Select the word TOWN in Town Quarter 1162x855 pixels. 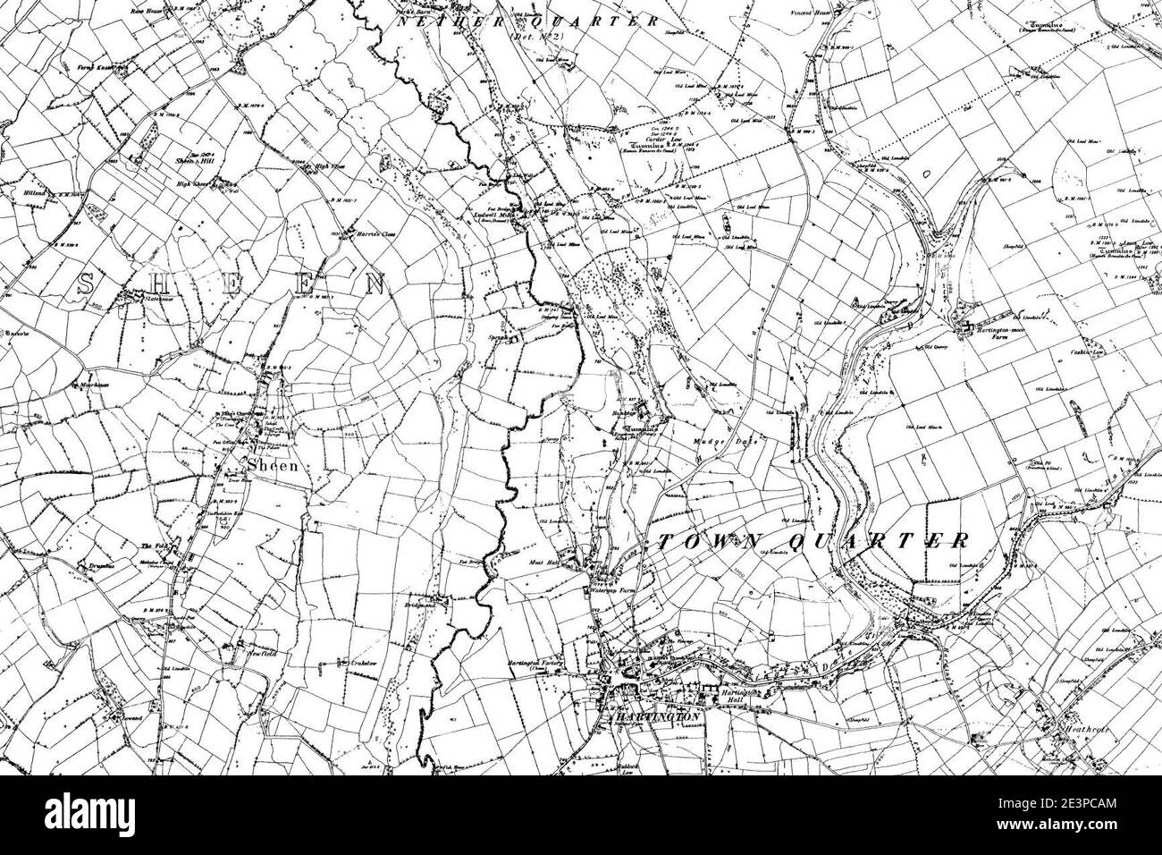pos(703,540)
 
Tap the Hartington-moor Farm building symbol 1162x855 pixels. pos(965,328)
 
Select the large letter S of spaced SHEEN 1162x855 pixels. pos(87,285)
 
